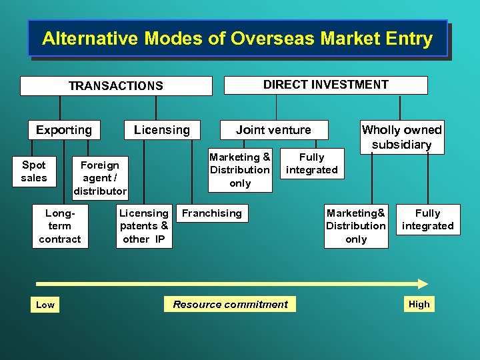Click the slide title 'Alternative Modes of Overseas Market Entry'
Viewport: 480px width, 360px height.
tap(237, 39)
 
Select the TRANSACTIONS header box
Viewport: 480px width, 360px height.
tap(116, 86)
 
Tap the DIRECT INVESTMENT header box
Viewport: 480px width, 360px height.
tap(325, 85)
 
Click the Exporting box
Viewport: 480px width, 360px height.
tap(64, 130)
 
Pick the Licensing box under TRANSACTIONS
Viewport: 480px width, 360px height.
tap(162, 130)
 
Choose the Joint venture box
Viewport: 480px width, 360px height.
tap(273, 130)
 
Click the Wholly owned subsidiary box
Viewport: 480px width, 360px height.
tap(401, 137)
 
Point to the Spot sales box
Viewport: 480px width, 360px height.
tap(34, 171)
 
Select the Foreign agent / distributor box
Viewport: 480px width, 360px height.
tap(100, 178)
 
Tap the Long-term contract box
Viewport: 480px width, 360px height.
tap(60, 226)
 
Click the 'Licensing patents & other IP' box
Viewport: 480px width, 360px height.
tap(144, 226)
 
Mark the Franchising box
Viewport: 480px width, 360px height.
tap(212, 213)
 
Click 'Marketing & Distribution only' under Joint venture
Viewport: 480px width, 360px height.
tap(240, 170)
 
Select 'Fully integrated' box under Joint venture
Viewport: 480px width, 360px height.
tap(311, 163)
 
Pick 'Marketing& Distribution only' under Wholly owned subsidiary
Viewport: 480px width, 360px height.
tap(356, 226)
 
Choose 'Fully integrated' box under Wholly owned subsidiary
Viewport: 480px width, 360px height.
tap(427, 219)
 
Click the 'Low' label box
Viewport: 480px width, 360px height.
tap(45, 305)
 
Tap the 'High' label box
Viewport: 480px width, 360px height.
tap(419, 304)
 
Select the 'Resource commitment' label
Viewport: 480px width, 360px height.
tap(230, 305)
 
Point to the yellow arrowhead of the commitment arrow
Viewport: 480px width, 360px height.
tap(421, 283)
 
